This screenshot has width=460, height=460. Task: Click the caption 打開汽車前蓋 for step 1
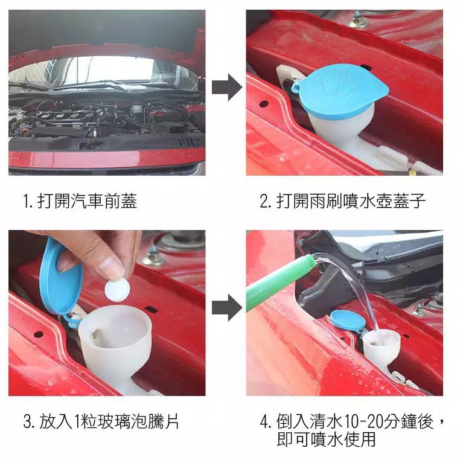[88, 201]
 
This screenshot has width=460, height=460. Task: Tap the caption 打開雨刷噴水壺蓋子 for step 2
[351, 201]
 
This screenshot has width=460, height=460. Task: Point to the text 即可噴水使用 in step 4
[326, 439]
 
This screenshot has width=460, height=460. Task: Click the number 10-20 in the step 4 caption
[362, 421]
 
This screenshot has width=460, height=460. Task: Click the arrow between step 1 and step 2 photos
[227, 87]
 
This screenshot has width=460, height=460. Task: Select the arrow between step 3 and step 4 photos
[227, 307]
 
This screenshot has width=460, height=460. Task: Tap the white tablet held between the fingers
[117, 290]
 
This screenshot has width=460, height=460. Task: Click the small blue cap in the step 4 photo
[348, 321]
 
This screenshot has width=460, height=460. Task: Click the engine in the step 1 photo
[106, 120]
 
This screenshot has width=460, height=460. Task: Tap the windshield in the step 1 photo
[103, 72]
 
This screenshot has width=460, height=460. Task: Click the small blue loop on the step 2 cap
[295, 86]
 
